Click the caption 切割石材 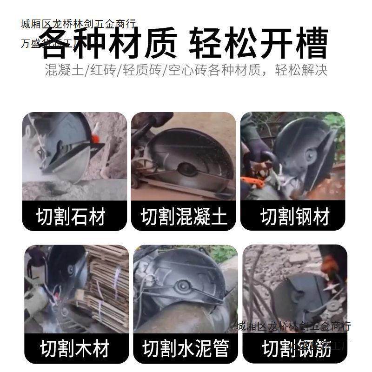tap(71, 217)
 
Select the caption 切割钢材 tap(295, 217)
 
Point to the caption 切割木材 tap(74, 348)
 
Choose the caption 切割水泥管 tap(186, 348)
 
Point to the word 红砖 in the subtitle tap(101, 70)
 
